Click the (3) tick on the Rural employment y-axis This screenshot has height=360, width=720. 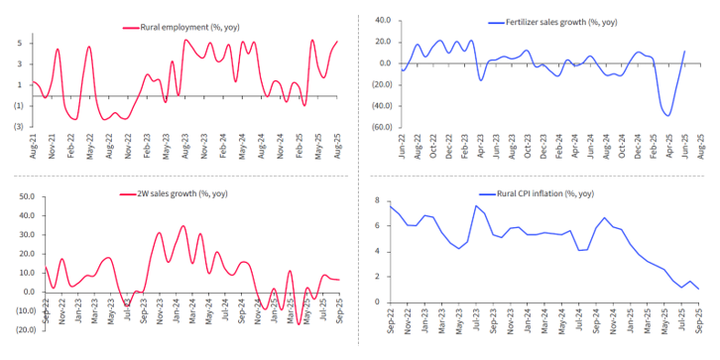pos(19,127)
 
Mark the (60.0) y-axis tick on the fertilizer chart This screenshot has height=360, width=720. pos(379,127)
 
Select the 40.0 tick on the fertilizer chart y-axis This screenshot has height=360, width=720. pos(382,20)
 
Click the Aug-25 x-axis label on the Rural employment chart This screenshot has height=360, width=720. pos(338,152)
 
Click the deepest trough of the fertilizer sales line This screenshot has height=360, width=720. pos(667,116)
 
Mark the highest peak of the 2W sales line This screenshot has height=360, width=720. pos(182,226)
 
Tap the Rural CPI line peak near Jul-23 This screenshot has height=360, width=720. pos(477,206)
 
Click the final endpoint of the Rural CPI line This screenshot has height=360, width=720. pos(698,290)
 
